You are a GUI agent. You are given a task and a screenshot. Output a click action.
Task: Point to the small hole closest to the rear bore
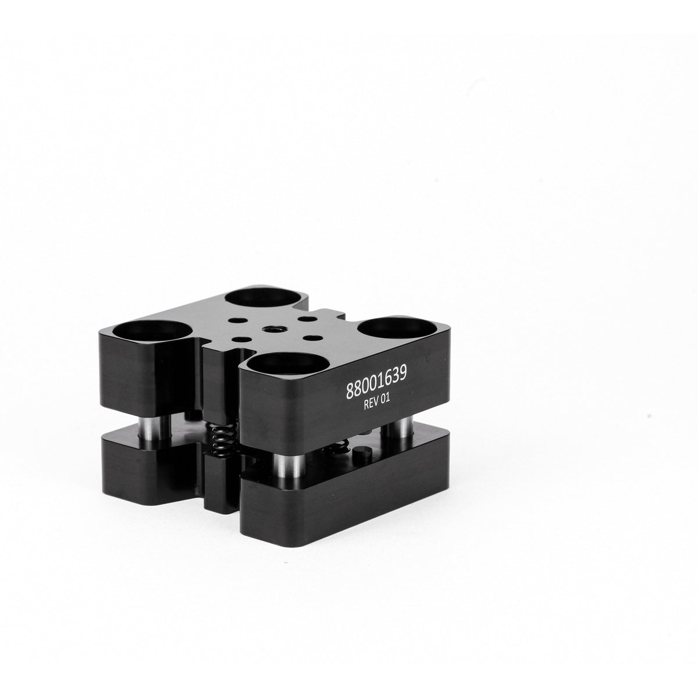pyautogui.click(x=238, y=319)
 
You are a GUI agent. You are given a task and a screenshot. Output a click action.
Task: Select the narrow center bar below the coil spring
pyautogui.click(x=220, y=483)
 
